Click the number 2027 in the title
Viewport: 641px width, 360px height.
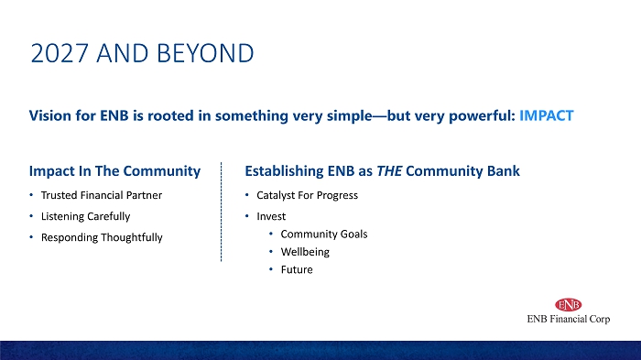pos(60,53)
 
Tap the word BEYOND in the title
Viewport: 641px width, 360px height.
pos(205,53)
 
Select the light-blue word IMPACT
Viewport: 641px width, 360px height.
pos(546,115)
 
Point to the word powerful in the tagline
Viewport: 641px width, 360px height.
pos(482,116)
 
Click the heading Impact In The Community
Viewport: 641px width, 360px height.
pos(114,171)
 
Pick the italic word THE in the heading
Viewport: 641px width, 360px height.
pos(389,171)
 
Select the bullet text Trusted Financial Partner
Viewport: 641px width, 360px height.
pos(102,195)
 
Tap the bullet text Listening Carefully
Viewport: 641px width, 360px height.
pos(85,216)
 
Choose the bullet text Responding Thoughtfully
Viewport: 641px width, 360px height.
pos(102,237)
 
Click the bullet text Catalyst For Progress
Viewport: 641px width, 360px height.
pos(307,195)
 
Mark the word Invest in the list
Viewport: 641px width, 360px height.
pos(271,216)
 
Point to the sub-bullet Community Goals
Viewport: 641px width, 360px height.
pos(324,235)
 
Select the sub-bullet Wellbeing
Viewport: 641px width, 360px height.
pos(305,252)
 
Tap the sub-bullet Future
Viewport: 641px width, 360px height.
pos(297,269)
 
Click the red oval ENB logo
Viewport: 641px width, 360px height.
pos(569,305)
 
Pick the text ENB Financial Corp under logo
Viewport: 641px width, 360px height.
pos(569,319)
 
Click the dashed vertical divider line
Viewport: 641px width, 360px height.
pos(222,212)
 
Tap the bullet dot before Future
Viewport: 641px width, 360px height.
pos(271,269)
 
